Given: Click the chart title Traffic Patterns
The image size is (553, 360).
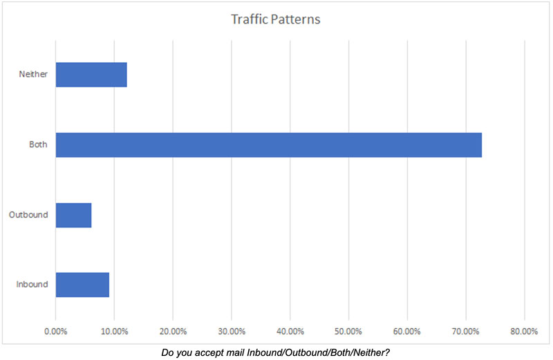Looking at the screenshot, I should (275, 19).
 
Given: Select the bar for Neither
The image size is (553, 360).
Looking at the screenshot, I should (91, 75).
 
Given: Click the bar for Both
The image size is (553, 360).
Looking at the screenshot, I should (268, 144).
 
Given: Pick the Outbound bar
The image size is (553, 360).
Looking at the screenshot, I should (73, 215).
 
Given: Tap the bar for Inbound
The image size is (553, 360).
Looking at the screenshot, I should (82, 285).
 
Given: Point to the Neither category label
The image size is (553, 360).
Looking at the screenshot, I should (33, 75).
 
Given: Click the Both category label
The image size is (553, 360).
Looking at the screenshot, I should (39, 145).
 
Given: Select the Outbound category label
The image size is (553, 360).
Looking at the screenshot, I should (28, 215).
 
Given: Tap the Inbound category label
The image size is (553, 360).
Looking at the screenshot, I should (31, 285).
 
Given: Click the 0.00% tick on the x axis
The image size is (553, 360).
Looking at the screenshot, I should (56, 331).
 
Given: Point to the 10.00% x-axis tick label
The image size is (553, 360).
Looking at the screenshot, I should (114, 331).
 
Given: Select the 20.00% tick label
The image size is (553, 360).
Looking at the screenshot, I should (173, 331).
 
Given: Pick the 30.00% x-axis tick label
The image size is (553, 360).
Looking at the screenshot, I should (232, 331).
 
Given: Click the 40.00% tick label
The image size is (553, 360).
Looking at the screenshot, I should (290, 331).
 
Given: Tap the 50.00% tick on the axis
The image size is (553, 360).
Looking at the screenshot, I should (348, 331).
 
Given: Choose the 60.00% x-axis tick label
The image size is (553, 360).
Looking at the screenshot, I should (407, 331).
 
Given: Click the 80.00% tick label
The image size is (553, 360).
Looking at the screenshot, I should (524, 331).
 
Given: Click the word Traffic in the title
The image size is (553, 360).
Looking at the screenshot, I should (249, 19).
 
